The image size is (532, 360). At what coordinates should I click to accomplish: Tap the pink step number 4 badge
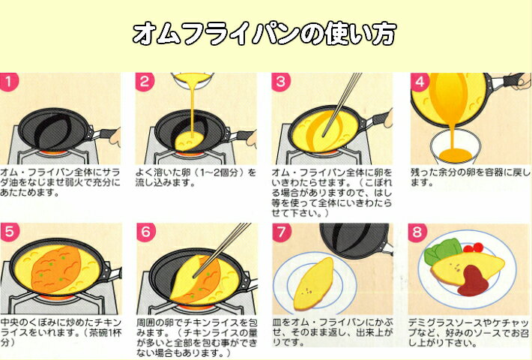click(420, 82)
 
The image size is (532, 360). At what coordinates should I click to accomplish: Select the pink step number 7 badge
click(282, 232)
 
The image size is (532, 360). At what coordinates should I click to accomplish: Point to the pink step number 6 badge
click(146, 232)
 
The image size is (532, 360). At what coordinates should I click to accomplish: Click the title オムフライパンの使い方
click(265, 34)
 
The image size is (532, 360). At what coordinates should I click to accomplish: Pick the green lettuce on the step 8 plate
click(441, 250)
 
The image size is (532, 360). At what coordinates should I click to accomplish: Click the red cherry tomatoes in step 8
click(474, 247)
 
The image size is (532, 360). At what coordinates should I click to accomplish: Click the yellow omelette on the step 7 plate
click(314, 284)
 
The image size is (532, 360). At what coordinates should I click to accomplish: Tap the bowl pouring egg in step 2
click(192, 81)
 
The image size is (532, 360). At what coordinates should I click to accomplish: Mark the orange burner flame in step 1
click(53, 154)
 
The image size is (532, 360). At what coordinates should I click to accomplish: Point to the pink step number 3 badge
click(281, 82)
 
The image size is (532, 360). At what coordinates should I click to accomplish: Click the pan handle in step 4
click(506, 81)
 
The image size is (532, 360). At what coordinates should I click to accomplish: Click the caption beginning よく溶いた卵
click(196, 178)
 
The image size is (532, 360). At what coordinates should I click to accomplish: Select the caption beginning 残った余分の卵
click(470, 178)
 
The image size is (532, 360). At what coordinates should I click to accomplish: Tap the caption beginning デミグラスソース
click(468, 333)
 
